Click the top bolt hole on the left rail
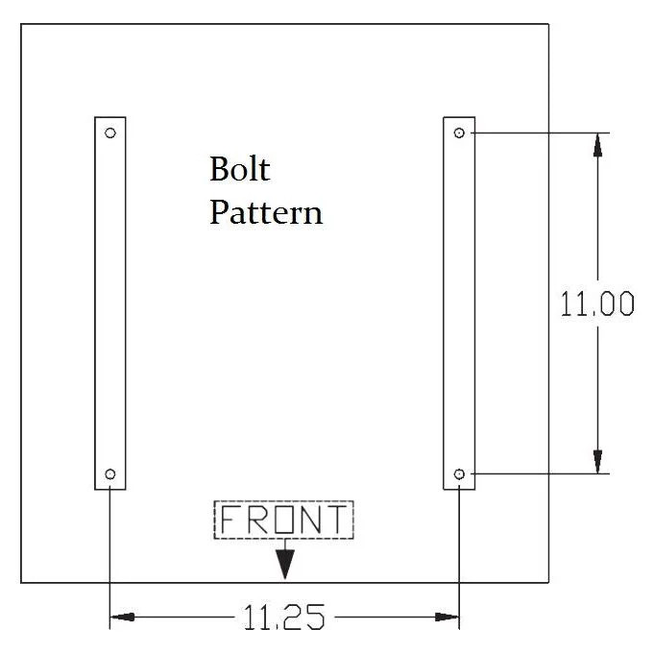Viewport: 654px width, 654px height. point(109,132)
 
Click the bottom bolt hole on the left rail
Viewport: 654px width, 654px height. point(109,473)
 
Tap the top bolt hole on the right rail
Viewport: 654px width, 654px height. point(459,132)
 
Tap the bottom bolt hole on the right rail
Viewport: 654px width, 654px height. point(459,473)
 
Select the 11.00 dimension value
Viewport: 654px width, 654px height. point(596,304)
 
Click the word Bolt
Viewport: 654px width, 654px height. point(240,170)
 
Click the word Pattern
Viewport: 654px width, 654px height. point(266,211)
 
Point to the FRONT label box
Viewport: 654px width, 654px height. point(283,520)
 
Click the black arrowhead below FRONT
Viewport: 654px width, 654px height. point(283,566)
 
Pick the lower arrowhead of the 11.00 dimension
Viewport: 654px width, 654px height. point(597,462)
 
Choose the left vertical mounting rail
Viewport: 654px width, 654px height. point(109,303)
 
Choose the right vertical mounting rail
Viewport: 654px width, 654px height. point(459,303)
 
